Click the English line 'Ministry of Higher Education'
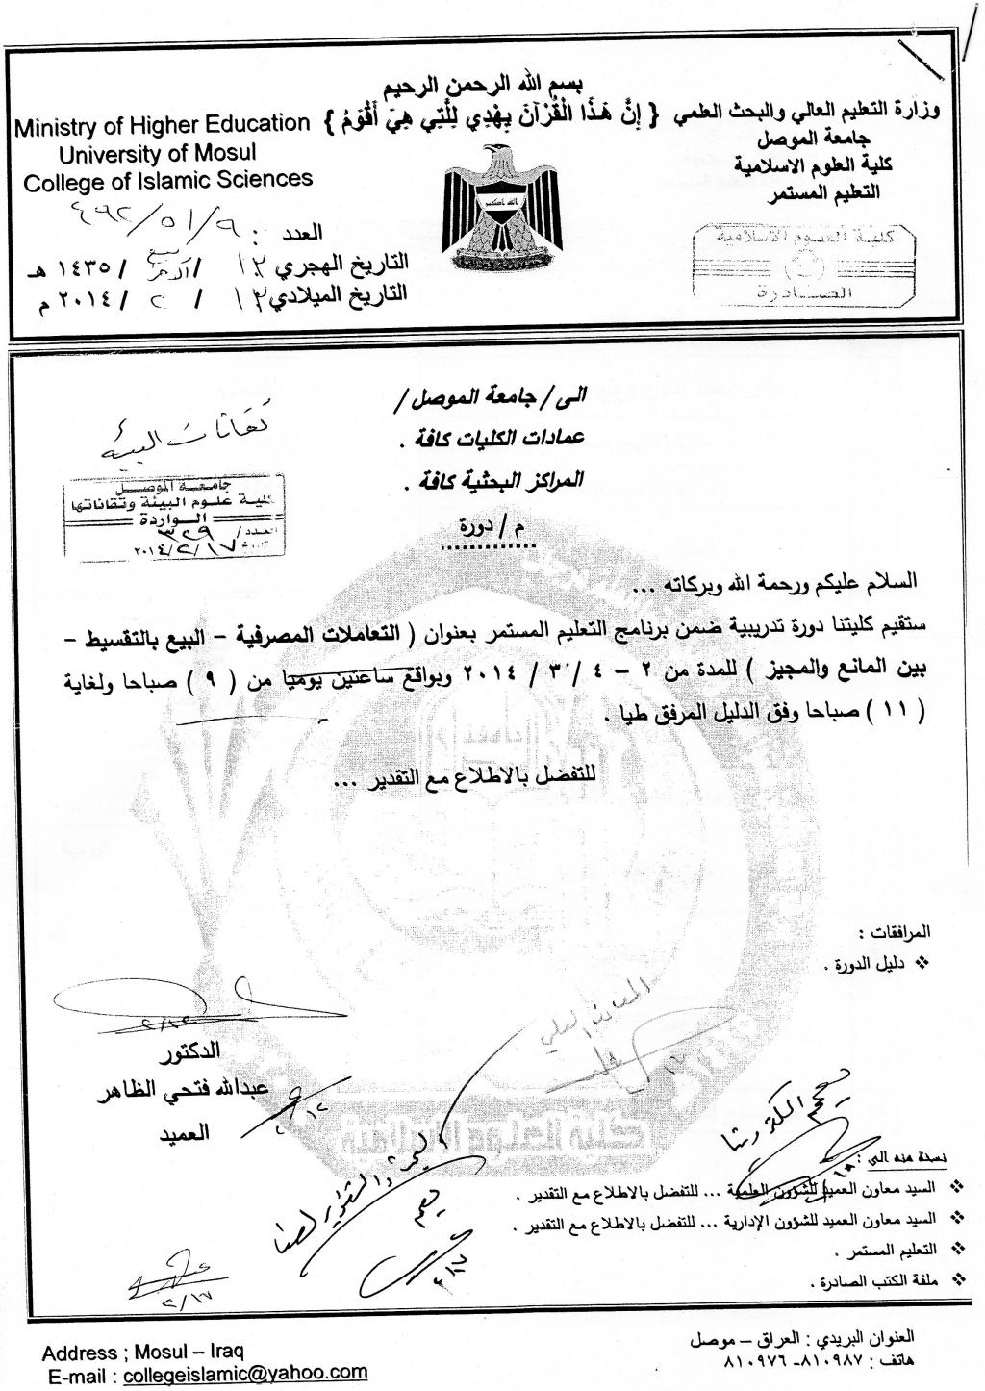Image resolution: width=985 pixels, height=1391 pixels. (x=162, y=125)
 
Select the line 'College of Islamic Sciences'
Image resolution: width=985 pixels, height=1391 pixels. (x=168, y=180)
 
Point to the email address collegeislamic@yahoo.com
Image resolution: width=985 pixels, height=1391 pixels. (x=246, y=1373)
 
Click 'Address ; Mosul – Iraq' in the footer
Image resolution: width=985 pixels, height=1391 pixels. (x=143, y=1353)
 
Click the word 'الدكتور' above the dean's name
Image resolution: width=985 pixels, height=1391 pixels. (x=189, y=1049)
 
